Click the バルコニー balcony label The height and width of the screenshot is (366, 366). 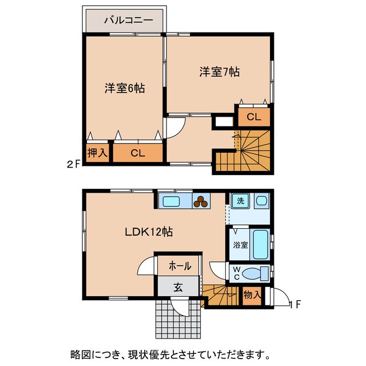128,21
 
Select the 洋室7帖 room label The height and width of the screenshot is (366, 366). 219,72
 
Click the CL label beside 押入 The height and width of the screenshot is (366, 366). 137,153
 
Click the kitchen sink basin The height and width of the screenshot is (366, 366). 172,201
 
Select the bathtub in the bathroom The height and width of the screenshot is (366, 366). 261,244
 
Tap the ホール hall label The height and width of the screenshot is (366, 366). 179,266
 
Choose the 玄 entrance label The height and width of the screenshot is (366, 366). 178,288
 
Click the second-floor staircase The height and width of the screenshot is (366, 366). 252,150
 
